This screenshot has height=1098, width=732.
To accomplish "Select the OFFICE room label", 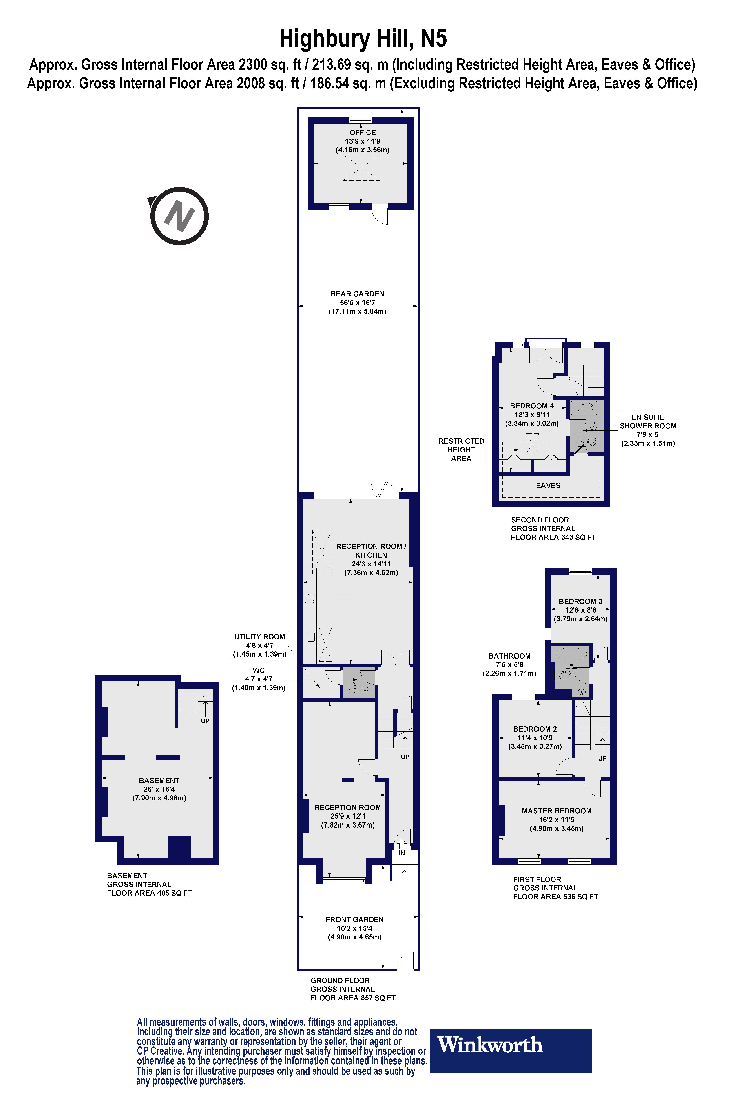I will click(x=362, y=133).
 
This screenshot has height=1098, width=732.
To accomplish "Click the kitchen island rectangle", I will click(x=346, y=618).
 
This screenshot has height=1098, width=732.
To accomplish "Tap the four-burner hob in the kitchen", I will click(x=309, y=598).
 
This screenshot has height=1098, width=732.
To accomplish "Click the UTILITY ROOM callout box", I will click(x=260, y=645).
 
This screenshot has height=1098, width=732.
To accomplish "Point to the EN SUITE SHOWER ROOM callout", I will click(x=648, y=430).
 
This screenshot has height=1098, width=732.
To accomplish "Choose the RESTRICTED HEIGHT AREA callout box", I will click(x=461, y=449).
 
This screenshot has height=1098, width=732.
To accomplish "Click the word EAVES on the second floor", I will click(x=548, y=485).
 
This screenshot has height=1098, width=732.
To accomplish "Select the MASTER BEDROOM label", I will click(x=556, y=811).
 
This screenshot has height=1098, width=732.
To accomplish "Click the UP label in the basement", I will click(x=205, y=721).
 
